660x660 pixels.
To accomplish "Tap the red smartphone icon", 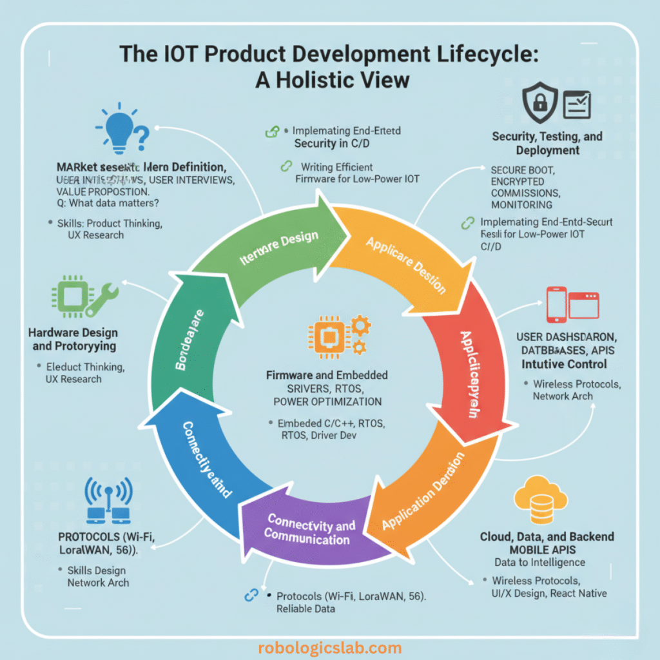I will pyautogui.click(x=555, y=304).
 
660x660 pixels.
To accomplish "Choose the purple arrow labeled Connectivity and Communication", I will pyautogui.click(x=310, y=528).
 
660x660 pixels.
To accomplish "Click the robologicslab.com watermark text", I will pyautogui.click(x=329, y=648).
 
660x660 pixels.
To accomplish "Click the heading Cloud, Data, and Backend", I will pyautogui.click(x=547, y=536).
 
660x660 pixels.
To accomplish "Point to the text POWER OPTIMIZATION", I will pyautogui.click(x=327, y=402).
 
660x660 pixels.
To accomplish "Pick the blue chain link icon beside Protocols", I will pyautogui.click(x=251, y=596).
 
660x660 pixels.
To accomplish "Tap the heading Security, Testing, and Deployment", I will pyautogui.click(x=547, y=143).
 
